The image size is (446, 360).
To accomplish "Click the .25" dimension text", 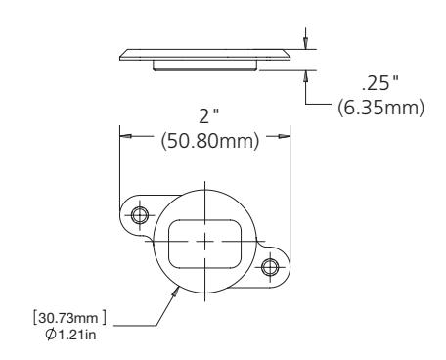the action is coord(380,83).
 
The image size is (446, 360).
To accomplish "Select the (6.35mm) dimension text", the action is coord(380,108).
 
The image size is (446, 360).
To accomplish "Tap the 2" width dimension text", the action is coord(208,115).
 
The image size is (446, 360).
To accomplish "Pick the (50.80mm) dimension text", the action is coord(210,141).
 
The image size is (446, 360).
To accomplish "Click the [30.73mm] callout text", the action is coord(69,318).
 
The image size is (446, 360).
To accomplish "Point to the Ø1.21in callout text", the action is coord(71,335).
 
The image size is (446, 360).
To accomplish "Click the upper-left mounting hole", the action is coord(140,215).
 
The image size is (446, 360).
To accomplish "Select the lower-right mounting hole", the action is coord(270,267).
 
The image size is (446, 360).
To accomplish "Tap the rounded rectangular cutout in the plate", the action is coord(204,244).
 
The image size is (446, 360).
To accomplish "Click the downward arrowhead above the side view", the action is coord(305,43).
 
